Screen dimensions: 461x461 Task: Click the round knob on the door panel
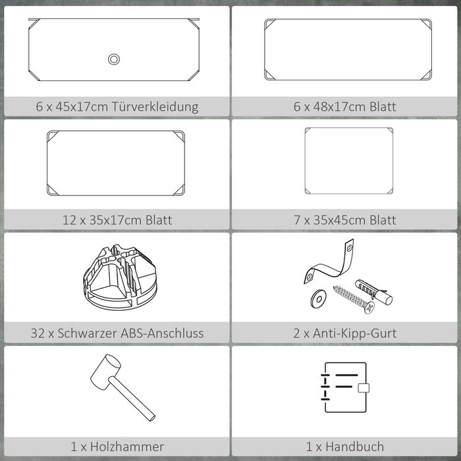114,59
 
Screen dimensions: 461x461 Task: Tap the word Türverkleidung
155,107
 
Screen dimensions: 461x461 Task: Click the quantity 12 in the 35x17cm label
68,220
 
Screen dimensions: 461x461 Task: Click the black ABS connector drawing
121,277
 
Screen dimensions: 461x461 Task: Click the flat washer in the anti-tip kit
318,298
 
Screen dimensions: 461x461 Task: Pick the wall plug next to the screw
373,292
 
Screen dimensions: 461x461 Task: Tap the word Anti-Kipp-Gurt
354,334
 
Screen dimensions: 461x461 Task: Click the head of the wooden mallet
105,372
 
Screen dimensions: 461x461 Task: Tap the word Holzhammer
127,447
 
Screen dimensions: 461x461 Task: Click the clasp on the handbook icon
364,388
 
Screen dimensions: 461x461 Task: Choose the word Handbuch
354,447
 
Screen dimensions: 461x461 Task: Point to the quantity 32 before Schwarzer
38,333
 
